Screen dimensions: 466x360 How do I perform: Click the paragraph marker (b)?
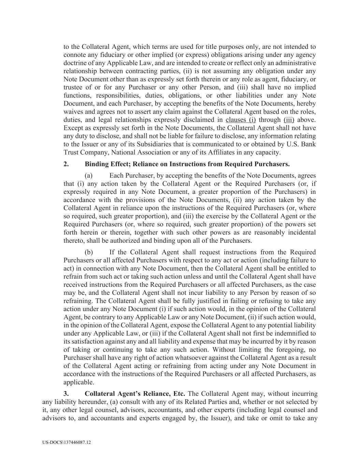point(89,252)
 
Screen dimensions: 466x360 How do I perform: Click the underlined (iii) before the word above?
point(289,120)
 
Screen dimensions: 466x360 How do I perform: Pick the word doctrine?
point(75,63)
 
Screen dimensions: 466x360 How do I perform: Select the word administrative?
point(297,63)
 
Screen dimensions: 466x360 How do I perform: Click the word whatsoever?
point(193,358)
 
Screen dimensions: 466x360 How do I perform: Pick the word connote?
point(75,55)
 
